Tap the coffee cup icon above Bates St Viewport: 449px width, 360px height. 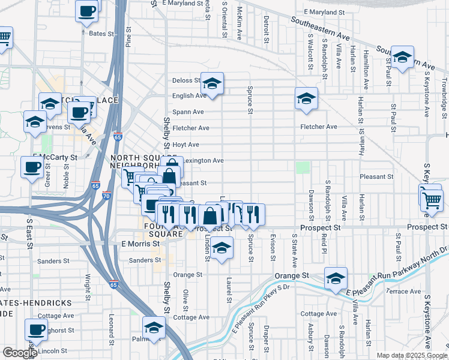tap(86, 10)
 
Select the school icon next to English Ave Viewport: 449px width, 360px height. tap(212, 84)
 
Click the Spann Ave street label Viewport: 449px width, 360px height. tap(188, 112)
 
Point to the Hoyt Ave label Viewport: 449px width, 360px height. tap(185, 145)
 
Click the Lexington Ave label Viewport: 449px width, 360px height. tap(203, 160)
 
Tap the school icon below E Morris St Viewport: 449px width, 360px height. tap(221, 248)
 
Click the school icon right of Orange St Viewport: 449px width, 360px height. tap(336, 278)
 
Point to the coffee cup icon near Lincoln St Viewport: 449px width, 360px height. tap(36, 329)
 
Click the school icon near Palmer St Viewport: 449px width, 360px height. tap(154, 328)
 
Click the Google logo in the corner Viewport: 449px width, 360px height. tap(19, 353)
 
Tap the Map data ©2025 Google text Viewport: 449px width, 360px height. tap(412, 355)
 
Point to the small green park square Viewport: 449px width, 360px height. tap(303, 167)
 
